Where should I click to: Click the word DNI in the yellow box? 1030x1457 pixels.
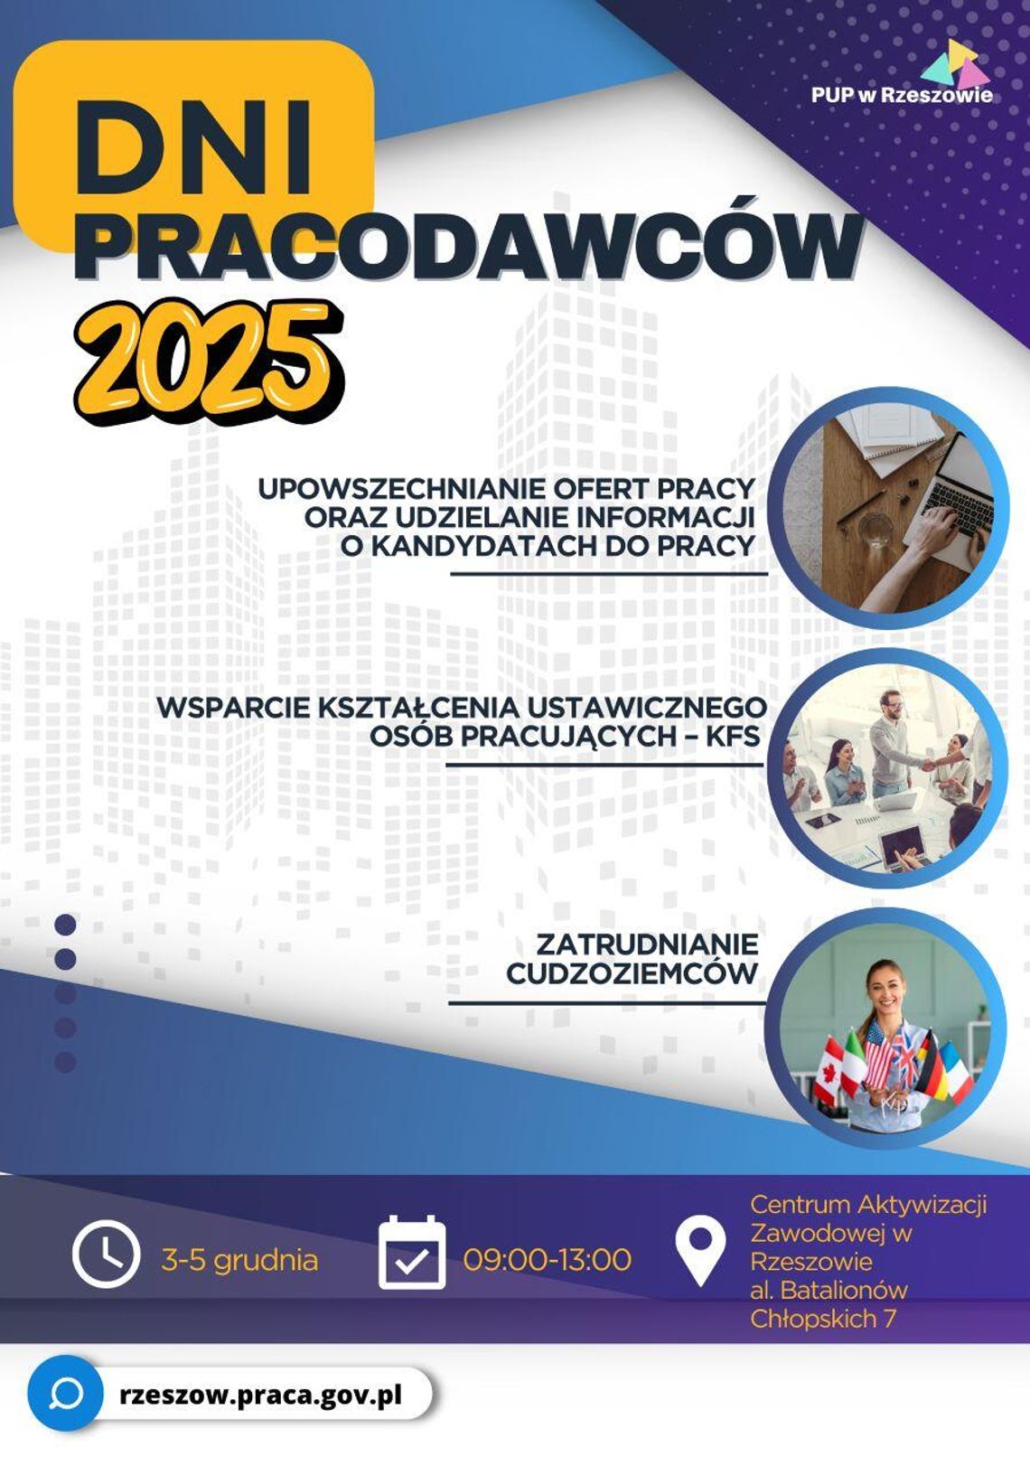coord(194,145)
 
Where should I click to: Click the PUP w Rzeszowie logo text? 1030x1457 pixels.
coord(901,95)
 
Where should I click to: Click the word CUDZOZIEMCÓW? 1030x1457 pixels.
coord(632,973)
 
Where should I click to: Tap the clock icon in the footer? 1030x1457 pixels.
coord(106,1255)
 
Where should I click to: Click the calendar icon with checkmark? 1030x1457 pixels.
coord(412,1255)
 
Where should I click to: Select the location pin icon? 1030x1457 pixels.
coord(700,1250)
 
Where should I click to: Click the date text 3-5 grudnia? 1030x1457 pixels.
coord(239,1260)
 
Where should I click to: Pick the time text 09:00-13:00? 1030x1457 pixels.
coord(547,1259)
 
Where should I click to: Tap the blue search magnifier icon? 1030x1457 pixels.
coord(65,1394)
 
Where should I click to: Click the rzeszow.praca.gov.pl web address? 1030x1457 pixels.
coord(260,1394)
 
